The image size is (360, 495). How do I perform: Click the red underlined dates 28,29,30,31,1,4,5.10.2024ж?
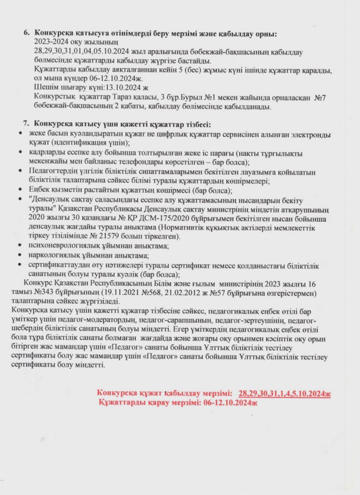tap(284, 393)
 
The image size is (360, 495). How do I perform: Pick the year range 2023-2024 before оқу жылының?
tap(51, 43)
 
